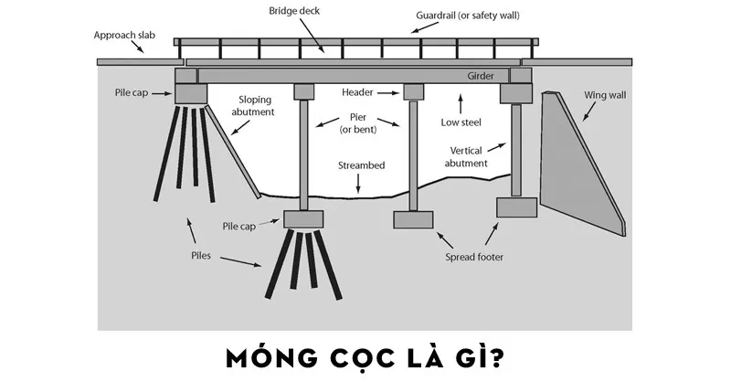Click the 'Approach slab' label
coord(126,36)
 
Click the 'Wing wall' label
coord(603,94)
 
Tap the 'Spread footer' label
coord(474,257)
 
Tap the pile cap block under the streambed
coord(303,219)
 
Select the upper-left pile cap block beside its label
coord(192,93)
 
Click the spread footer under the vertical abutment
coord(515,207)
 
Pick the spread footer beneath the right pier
coord(413,219)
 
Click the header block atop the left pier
coord(303,92)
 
